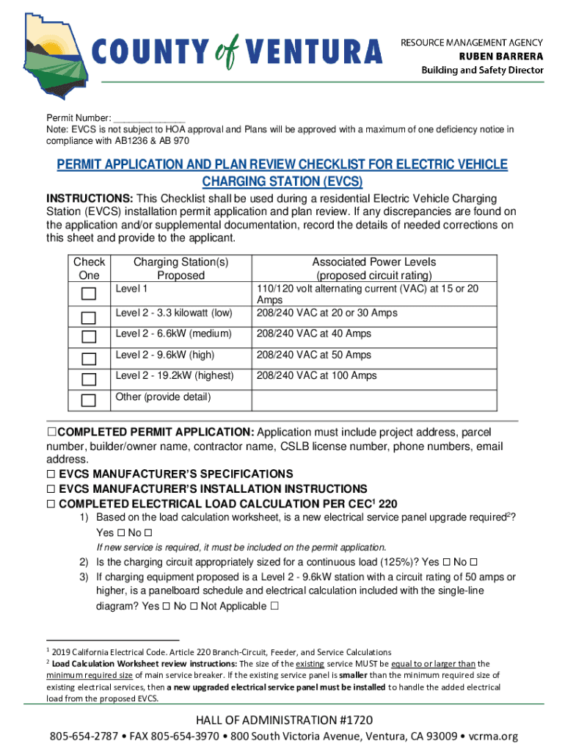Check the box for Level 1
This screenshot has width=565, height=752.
point(89,294)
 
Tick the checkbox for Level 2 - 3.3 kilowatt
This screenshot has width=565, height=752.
point(89,317)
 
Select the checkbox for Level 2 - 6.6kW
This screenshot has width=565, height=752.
point(89,337)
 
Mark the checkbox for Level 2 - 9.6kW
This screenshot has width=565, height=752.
point(89,358)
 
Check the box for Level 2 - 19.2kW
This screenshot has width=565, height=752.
point(89,379)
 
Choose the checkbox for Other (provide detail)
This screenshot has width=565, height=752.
point(89,400)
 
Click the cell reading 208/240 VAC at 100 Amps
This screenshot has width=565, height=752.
point(316,376)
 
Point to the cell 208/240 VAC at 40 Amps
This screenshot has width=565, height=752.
point(313,334)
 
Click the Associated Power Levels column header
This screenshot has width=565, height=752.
point(373,269)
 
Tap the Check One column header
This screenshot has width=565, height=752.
point(89,269)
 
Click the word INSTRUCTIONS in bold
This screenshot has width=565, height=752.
point(90,199)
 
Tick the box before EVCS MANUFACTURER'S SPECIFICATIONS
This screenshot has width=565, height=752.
point(51,474)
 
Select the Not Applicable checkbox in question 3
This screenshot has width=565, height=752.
point(274,607)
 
